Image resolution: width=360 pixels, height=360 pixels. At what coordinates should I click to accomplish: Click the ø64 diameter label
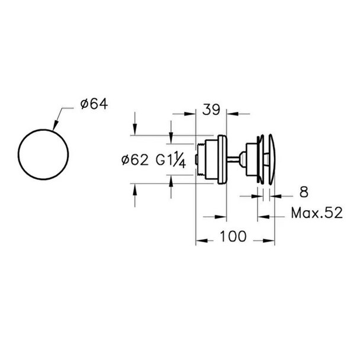click(x=94, y=104)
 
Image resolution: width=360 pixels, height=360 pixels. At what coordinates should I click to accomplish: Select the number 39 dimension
click(x=211, y=110)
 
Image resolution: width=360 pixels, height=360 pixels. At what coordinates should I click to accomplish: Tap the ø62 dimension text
click(x=135, y=160)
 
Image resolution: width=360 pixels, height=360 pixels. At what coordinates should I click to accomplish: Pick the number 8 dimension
click(x=304, y=192)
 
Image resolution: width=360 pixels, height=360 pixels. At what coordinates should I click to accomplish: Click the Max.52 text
click(x=317, y=213)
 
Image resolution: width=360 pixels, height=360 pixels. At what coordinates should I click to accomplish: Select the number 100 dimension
click(x=233, y=236)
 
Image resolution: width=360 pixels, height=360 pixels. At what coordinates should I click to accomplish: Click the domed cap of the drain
click(x=272, y=159)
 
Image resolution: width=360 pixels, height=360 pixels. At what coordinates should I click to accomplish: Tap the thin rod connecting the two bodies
click(x=233, y=159)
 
